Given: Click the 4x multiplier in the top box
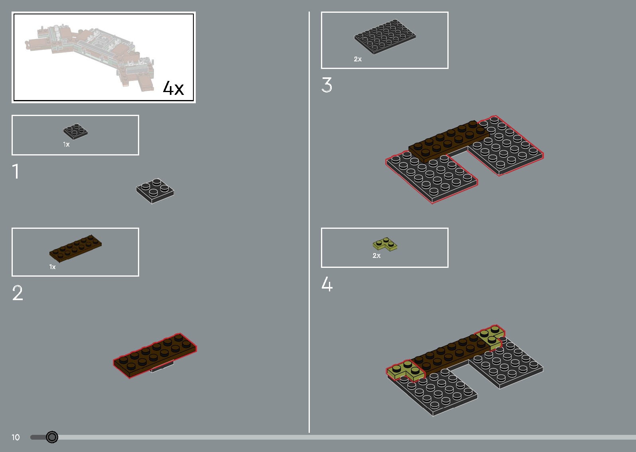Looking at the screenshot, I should [x=173, y=88].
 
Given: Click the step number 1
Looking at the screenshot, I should [x=16, y=172].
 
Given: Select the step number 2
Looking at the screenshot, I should [x=18, y=293].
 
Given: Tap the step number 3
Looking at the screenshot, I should [x=327, y=85].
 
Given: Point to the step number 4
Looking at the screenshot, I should [x=327, y=285].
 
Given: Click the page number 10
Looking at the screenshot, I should [x=16, y=437].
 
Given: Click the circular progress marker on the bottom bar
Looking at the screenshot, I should [x=52, y=437].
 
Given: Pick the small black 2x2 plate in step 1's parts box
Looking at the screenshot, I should [x=75, y=131].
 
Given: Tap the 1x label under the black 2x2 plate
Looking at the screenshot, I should [x=66, y=145].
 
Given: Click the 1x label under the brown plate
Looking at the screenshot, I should [x=52, y=267].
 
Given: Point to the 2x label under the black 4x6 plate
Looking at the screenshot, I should [x=358, y=59].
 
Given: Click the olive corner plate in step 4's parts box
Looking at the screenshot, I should [x=385, y=244].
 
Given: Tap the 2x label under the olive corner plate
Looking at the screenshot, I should [x=376, y=256].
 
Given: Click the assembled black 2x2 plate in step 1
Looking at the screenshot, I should [x=155, y=191].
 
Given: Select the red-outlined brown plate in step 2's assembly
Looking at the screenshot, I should [x=155, y=355].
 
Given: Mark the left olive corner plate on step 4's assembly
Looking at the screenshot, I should [x=404, y=371].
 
